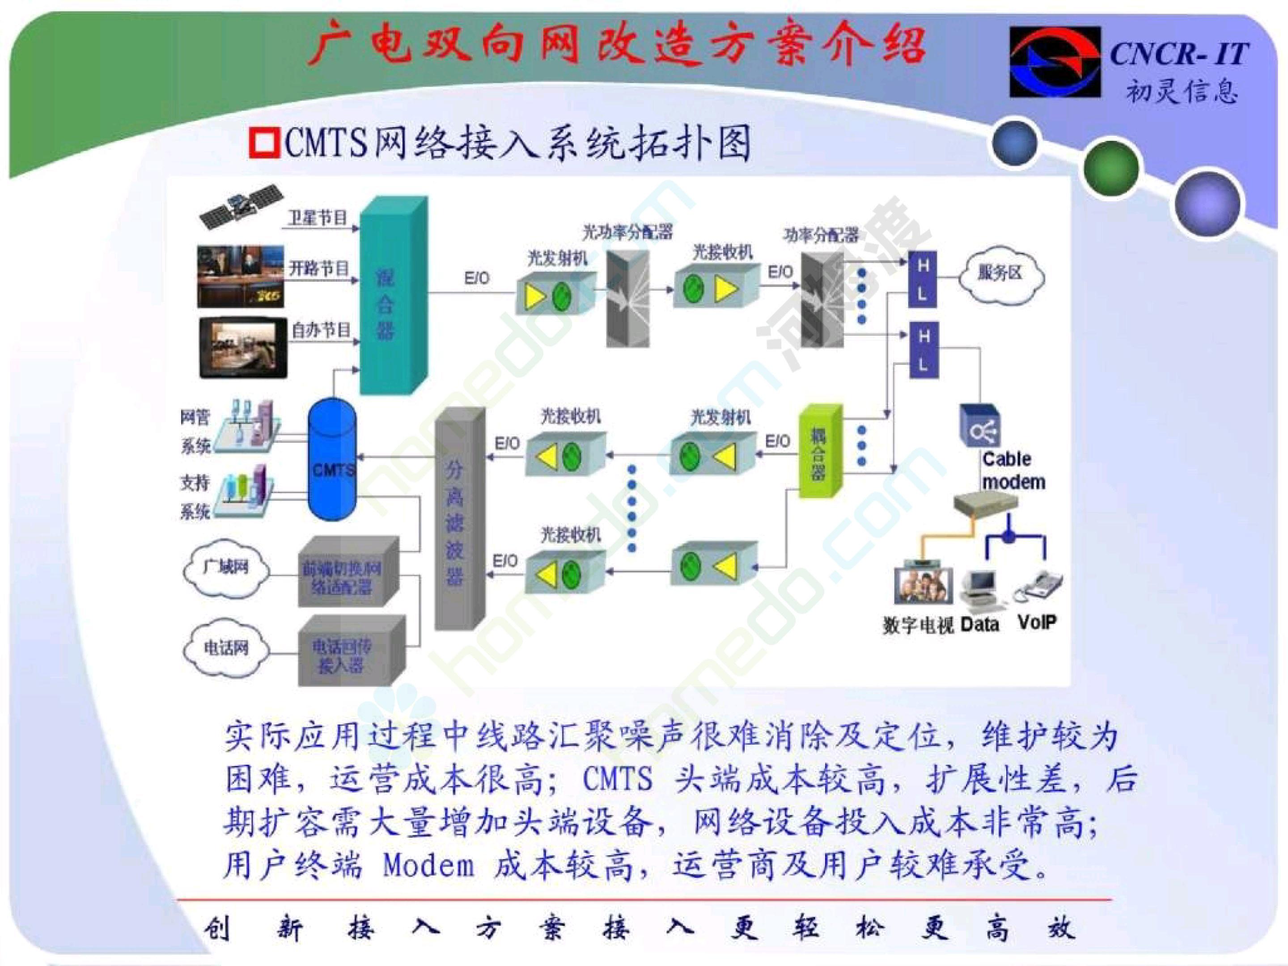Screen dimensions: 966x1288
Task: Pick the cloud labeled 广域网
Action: pyautogui.click(x=226, y=568)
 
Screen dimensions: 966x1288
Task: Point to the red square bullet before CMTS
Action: pyautogui.click(x=264, y=143)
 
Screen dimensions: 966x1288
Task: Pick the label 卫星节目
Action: pyautogui.click(x=318, y=218)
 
